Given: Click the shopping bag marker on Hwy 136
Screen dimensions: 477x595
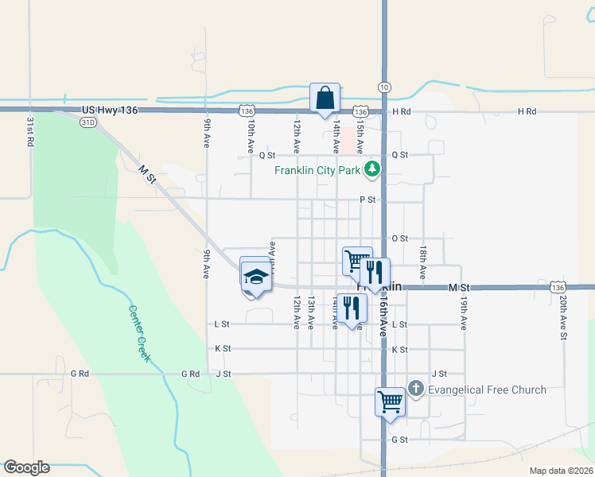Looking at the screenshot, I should coord(325,99).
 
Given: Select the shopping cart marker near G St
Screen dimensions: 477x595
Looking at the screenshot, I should coord(390,401).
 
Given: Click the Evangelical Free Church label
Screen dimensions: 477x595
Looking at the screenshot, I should coord(487,390).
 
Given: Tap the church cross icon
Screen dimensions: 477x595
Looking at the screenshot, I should coord(414,389).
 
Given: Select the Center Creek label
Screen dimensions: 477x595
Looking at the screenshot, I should coord(140,335).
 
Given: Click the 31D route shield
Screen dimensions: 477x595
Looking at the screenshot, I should coord(87,122).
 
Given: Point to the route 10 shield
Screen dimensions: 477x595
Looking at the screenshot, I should coord(384,86).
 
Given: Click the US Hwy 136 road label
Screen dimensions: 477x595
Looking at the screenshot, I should coord(110,111).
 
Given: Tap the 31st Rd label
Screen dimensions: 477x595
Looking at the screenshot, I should coord(30,131).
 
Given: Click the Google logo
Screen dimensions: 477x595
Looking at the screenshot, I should coord(26,467).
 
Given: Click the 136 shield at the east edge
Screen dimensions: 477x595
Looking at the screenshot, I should coord(558,287).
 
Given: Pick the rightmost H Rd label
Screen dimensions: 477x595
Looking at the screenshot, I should coord(527,112).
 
